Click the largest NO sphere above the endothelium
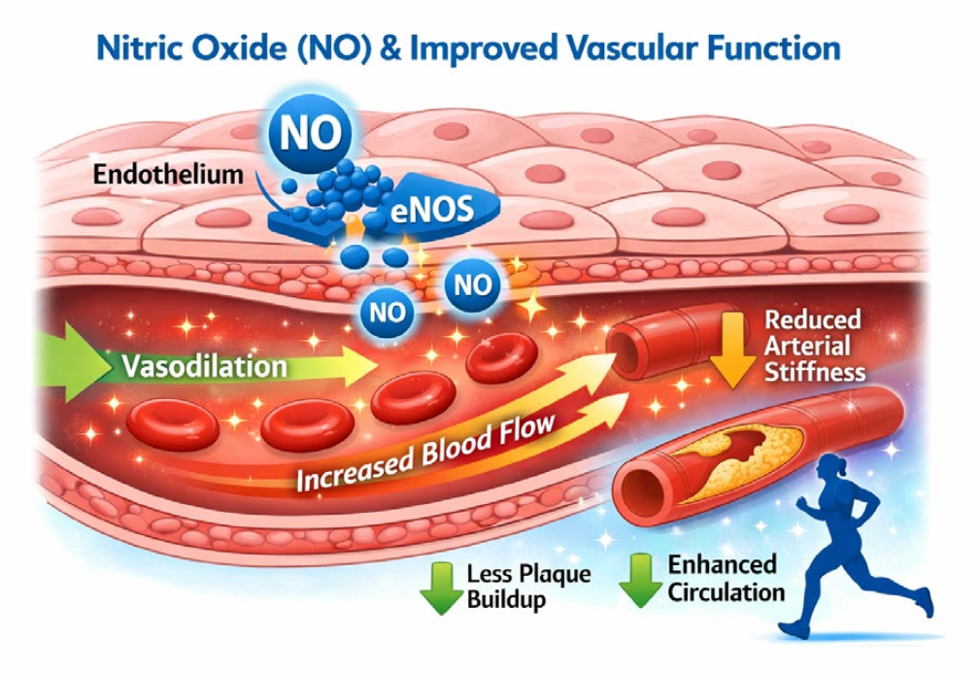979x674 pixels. point(311,133)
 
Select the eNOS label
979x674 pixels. point(431,210)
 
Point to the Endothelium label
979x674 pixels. point(168,174)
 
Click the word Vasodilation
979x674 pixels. point(205,366)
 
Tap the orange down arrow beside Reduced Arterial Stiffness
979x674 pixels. point(733,349)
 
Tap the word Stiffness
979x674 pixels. point(815,373)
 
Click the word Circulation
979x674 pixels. point(726,592)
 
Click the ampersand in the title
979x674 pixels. point(390,49)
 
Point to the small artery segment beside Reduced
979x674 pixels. point(660,340)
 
